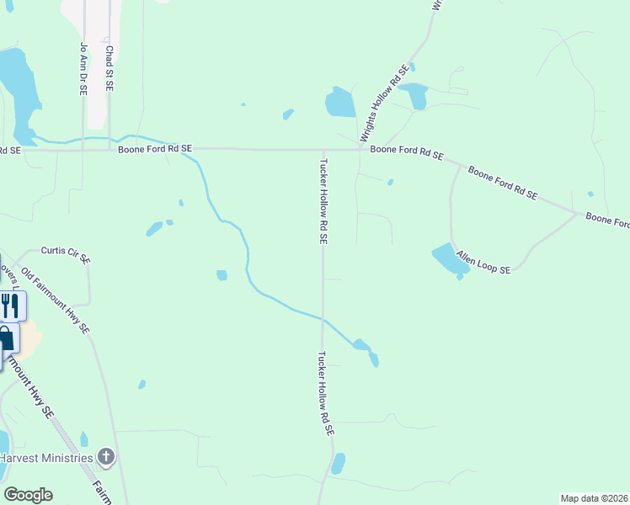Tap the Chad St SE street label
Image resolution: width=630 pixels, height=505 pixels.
[109, 68]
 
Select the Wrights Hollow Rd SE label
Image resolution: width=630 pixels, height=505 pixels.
[384, 103]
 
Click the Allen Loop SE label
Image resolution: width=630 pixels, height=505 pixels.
[483, 262]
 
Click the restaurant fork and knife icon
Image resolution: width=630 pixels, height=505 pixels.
[9, 305]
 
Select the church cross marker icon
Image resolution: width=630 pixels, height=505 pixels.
[105, 458]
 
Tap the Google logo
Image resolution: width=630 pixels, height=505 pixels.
[28, 495]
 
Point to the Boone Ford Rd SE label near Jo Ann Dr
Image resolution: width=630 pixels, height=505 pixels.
[155, 148]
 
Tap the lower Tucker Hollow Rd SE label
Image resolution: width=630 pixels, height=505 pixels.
[325, 393]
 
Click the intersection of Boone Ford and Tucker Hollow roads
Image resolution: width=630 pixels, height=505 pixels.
[322, 150]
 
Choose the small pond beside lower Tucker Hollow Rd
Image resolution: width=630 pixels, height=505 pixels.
[339, 464]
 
